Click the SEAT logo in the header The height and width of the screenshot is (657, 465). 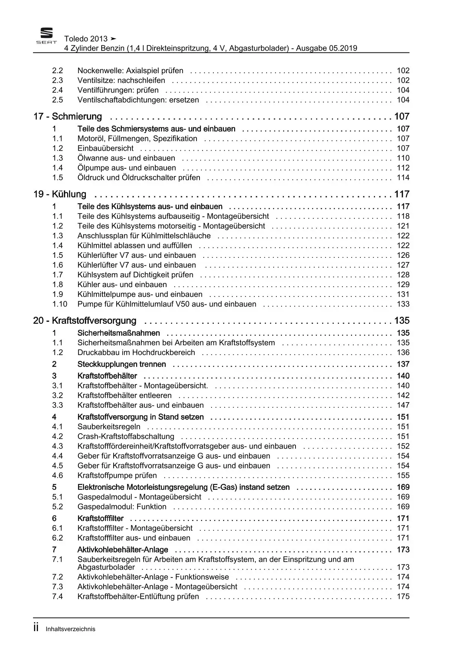pyautogui.click(x=46, y=36)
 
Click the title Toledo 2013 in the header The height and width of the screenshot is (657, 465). pyautogui.click(x=86, y=39)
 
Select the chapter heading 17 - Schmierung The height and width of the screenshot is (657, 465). pyautogui.click(x=68, y=117)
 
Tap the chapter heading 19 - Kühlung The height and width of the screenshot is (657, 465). pyautogui.click(x=60, y=194)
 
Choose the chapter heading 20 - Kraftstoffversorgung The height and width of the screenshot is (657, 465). pyautogui.click(x=85, y=321)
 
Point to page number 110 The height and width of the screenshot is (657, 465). pyautogui.click(x=403, y=158)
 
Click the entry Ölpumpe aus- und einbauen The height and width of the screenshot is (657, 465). pyautogui.click(x=127, y=168)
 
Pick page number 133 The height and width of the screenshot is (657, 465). pyautogui.click(x=403, y=304)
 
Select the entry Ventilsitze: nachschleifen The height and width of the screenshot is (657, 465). pyautogui.click(x=121, y=80)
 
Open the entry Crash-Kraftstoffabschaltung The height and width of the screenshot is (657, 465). pyautogui.click(x=126, y=437)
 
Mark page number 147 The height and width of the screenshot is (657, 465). pyautogui.click(x=403, y=405)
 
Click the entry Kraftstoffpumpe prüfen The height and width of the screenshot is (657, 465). pyautogui.click(x=117, y=476)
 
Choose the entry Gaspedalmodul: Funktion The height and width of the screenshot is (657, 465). pyautogui.click(x=122, y=507)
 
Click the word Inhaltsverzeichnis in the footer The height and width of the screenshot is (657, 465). pyautogui.click(x=70, y=629)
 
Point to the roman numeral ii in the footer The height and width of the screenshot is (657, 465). pyautogui.click(x=36, y=628)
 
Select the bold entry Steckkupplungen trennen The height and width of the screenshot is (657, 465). pyautogui.click(x=121, y=364)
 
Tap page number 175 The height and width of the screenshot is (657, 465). pyautogui.click(x=403, y=597)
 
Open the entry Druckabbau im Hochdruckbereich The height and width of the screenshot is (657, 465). pyautogui.click(x=136, y=353)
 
